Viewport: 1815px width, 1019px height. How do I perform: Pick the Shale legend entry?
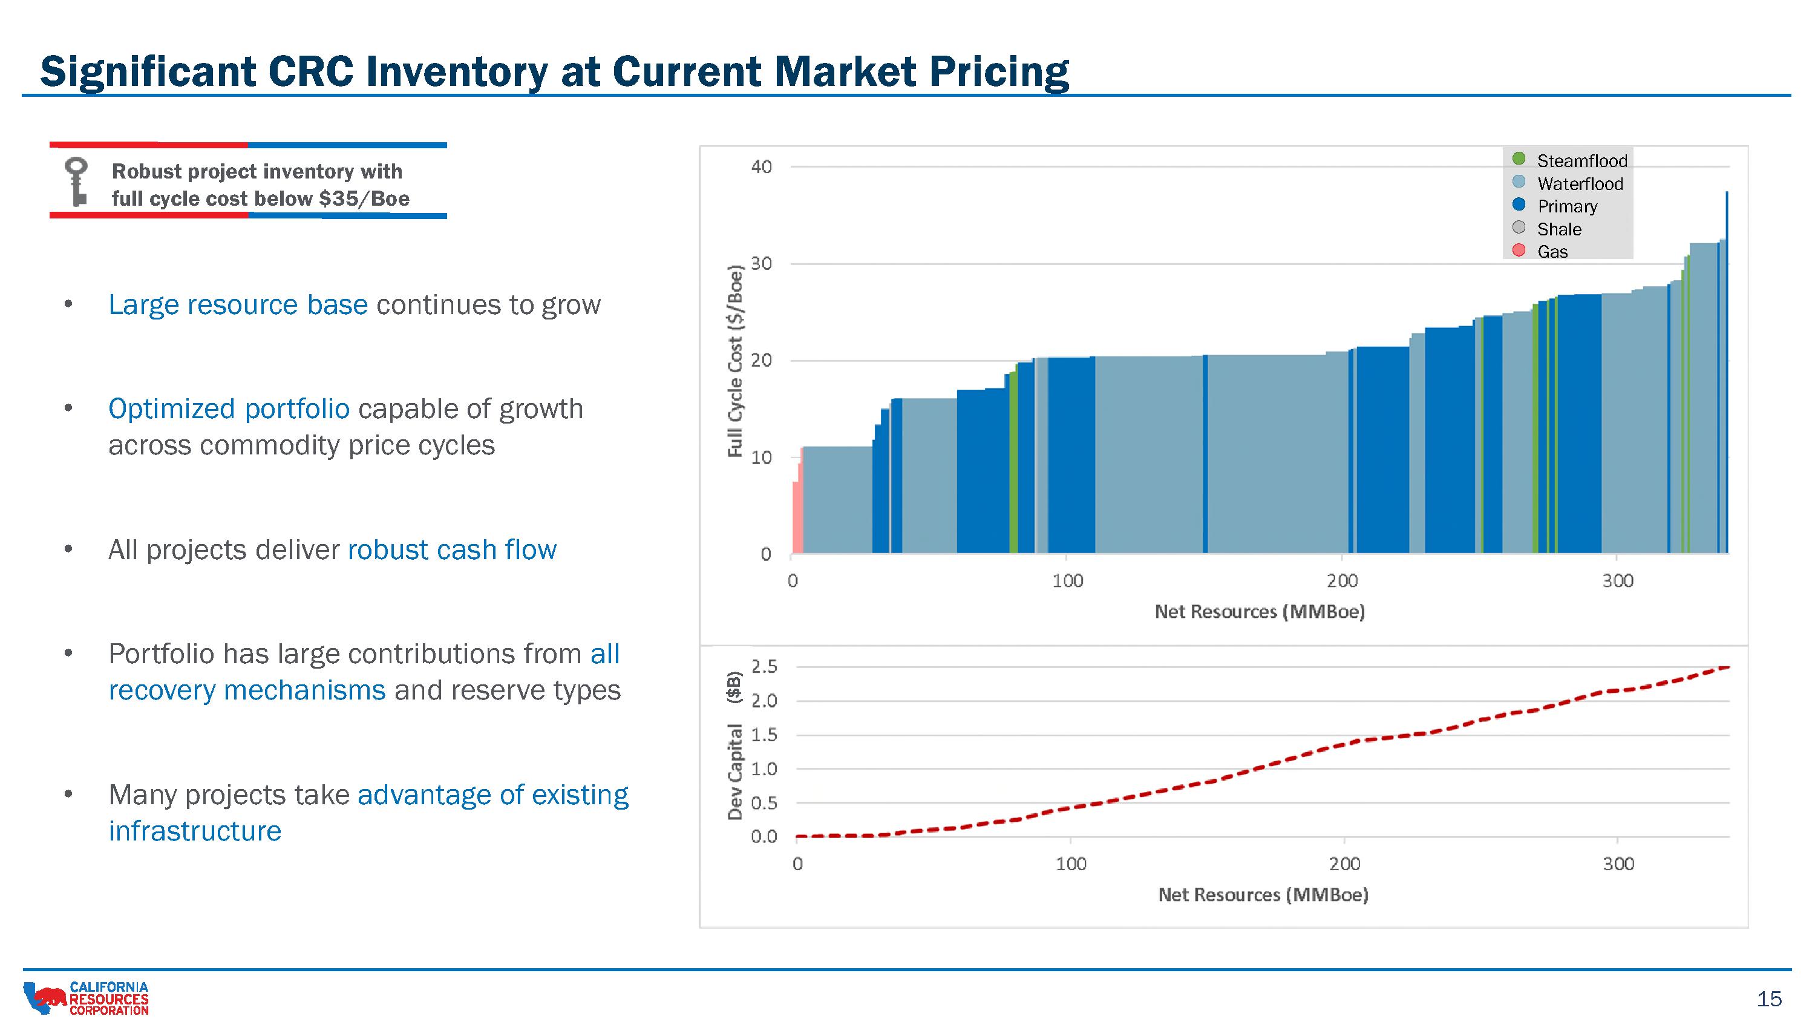pyautogui.click(x=1558, y=229)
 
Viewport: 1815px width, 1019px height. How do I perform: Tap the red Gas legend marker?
pyautogui.click(x=1519, y=250)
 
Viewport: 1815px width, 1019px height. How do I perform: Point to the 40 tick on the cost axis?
pyautogui.click(x=761, y=167)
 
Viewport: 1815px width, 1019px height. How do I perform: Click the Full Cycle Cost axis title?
pyautogui.click(x=735, y=361)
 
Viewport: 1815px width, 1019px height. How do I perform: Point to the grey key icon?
pyautogui.click(x=76, y=181)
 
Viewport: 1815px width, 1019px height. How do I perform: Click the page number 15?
pyautogui.click(x=1769, y=998)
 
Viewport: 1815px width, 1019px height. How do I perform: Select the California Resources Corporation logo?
pyautogui.click(x=86, y=998)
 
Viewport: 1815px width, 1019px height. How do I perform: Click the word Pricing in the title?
pyautogui.click(x=998, y=72)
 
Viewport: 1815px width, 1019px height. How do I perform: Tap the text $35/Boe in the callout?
pyautogui.click(x=364, y=198)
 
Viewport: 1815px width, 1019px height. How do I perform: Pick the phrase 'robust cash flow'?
pyautogui.click(x=452, y=549)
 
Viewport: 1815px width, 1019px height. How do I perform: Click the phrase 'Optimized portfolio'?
pyautogui.click(x=229, y=408)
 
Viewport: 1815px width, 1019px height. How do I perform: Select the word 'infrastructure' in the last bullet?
pyautogui.click(x=195, y=831)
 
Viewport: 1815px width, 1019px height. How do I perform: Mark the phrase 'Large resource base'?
pyautogui.click(x=238, y=304)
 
